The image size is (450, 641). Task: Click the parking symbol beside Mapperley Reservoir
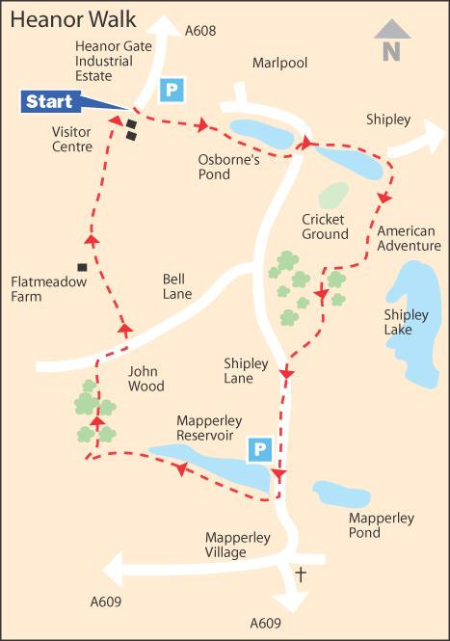click(x=259, y=449)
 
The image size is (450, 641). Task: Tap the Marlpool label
click(x=279, y=63)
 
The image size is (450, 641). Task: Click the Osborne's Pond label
click(x=229, y=168)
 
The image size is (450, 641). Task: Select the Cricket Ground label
click(x=325, y=227)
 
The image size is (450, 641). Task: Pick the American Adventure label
click(x=407, y=238)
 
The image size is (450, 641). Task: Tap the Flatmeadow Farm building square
click(x=82, y=267)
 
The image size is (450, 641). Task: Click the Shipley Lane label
click(x=251, y=370)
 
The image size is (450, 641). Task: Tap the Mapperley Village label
click(x=238, y=545)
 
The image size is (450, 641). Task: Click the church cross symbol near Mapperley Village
click(x=300, y=574)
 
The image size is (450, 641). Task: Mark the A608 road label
click(x=199, y=31)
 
